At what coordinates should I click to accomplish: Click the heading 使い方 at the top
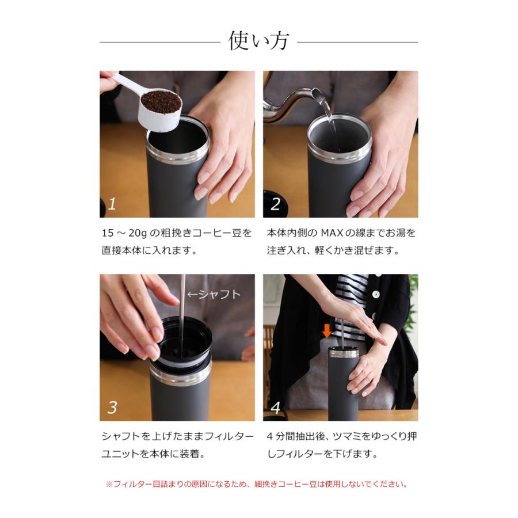click(258, 41)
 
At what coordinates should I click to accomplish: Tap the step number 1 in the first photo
click(112, 203)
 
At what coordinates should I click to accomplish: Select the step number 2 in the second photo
click(276, 203)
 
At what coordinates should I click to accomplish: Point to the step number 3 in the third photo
click(112, 407)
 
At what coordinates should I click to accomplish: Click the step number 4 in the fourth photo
click(276, 407)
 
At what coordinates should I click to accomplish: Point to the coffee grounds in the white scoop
click(161, 102)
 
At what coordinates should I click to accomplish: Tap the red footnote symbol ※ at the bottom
click(109, 484)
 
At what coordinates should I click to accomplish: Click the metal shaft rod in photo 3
click(182, 311)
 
